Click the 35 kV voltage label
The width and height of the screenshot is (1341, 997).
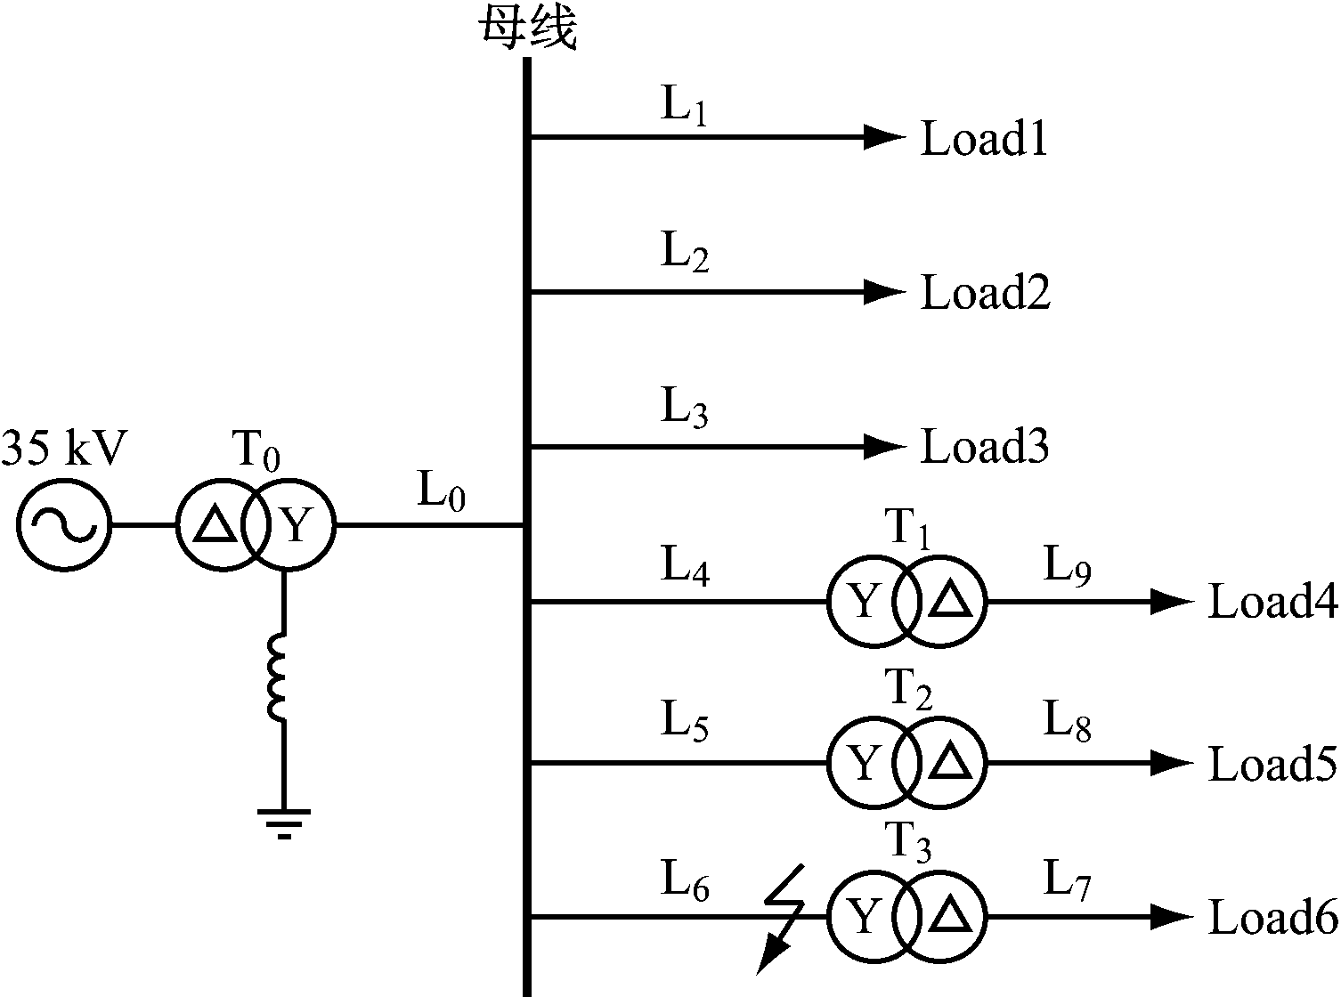pyautogui.click(x=64, y=449)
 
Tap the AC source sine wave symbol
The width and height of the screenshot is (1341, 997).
pyautogui.click(x=63, y=525)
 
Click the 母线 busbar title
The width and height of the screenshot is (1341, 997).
pyautogui.click(x=528, y=27)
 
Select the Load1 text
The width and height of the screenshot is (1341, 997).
pyautogui.click(x=983, y=140)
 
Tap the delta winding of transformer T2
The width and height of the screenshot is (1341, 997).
pyautogui.click(x=949, y=763)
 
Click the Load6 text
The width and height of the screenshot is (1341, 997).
pyautogui.click(x=1272, y=918)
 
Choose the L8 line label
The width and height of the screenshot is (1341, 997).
pyautogui.click(x=1068, y=724)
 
